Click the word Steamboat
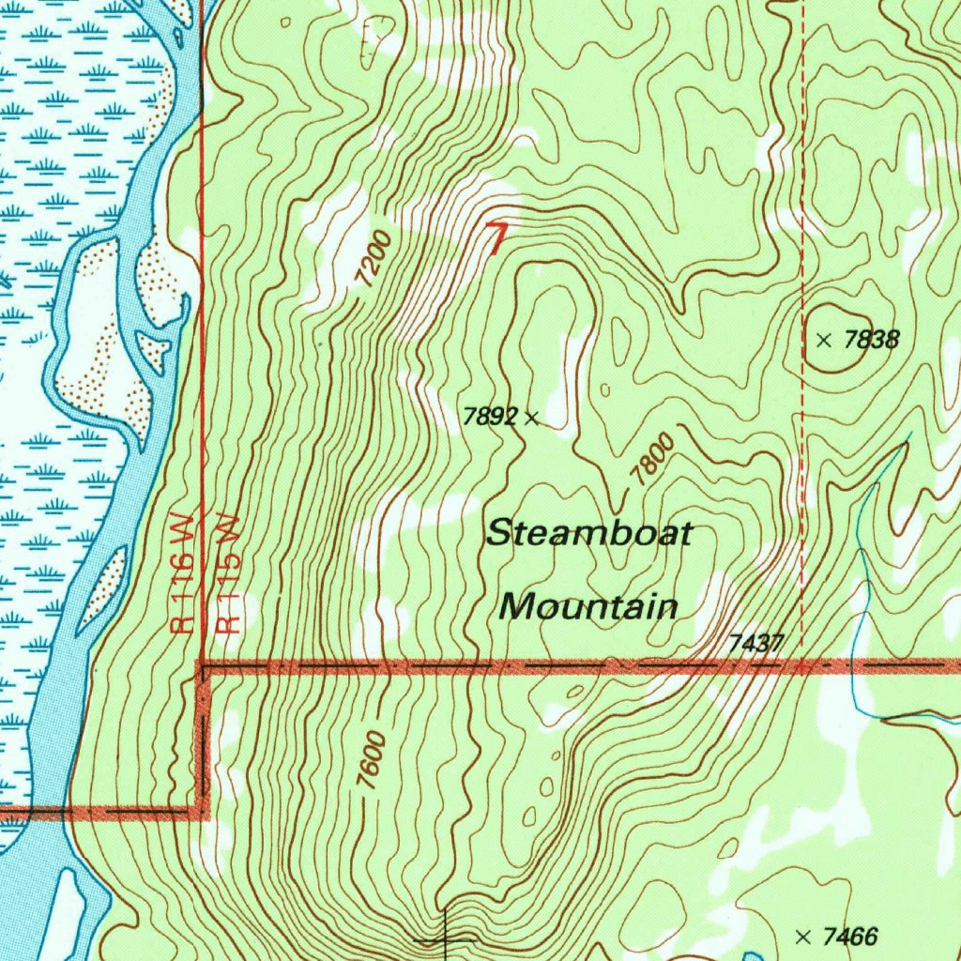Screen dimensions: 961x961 click(589, 534)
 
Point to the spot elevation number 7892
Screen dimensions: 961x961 click(490, 417)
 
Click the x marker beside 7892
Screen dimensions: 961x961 click(531, 418)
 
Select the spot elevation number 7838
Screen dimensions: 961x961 click(871, 340)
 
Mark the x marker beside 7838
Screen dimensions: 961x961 click(824, 341)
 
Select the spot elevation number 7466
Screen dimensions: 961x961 click(849, 936)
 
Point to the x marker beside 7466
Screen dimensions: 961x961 click(802, 936)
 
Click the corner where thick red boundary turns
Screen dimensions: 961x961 click(204, 667)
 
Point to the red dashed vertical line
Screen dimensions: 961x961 click(803, 188)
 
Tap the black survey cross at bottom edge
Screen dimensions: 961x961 click(445, 938)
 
